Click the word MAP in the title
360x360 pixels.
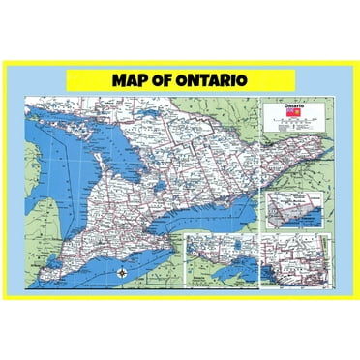tap(135, 78)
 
